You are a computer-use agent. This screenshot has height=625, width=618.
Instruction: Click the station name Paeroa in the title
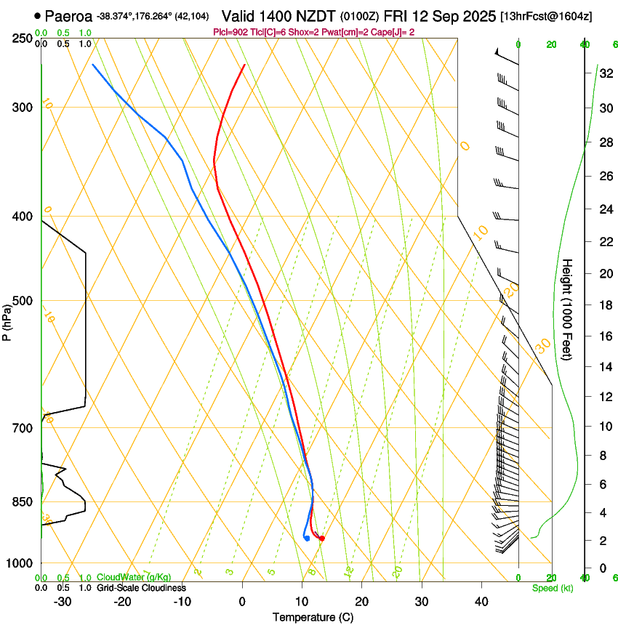tap(69, 16)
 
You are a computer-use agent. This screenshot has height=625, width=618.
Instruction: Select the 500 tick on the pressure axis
tap(22, 301)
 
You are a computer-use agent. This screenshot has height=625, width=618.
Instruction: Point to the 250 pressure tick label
tap(22, 38)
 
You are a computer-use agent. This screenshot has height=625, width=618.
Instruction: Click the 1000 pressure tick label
tap(20, 563)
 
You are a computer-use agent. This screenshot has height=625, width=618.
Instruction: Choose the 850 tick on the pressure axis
tap(22, 501)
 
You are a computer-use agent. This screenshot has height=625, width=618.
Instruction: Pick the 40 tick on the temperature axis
tap(481, 602)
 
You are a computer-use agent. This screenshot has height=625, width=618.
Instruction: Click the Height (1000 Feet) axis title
tap(568, 309)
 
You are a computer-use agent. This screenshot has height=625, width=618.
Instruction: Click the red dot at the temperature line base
tap(321, 539)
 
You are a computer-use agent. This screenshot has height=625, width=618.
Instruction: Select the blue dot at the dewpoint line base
tap(308, 539)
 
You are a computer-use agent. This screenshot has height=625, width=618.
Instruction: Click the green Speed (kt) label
tap(553, 588)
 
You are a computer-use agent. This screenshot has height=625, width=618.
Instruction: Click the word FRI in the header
tap(406, 16)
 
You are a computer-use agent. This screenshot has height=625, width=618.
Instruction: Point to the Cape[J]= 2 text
tap(394, 31)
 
